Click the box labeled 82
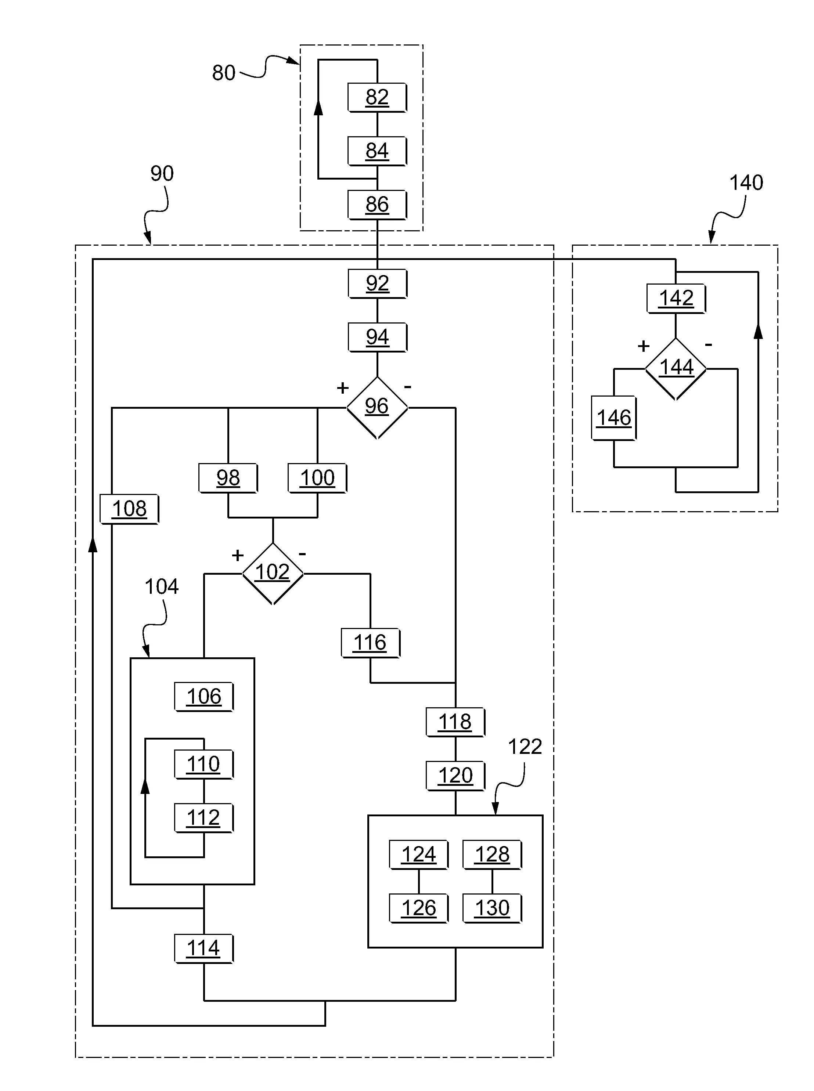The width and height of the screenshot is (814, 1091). click(x=377, y=98)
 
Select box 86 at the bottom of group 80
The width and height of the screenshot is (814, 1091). click(x=377, y=205)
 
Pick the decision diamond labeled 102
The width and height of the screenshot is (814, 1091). click(x=273, y=573)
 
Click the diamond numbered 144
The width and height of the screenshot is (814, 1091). click(x=676, y=368)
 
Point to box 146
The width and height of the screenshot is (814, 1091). click(x=614, y=418)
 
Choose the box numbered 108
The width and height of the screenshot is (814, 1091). click(x=129, y=509)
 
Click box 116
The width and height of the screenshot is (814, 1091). click(x=370, y=643)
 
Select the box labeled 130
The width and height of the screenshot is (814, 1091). click(x=492, y=908)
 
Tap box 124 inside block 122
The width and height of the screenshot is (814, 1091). click(x=418, y=855)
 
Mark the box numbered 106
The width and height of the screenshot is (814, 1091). click(x=203, y=697)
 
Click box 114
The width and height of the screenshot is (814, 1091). click(x=203, y=948)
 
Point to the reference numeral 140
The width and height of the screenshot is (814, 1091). click(x=746, y=183)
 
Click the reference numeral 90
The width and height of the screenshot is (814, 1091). click(x=162, y=173)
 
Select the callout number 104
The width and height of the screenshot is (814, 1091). click(x=162, y=586)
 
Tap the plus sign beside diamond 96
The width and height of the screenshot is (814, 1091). click(x=342, y=388)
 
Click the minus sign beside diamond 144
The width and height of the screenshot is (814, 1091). click(x=709, y=345)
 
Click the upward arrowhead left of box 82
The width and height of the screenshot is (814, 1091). click(x=318, y=107)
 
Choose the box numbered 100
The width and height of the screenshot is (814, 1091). click(x=317, y=478)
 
